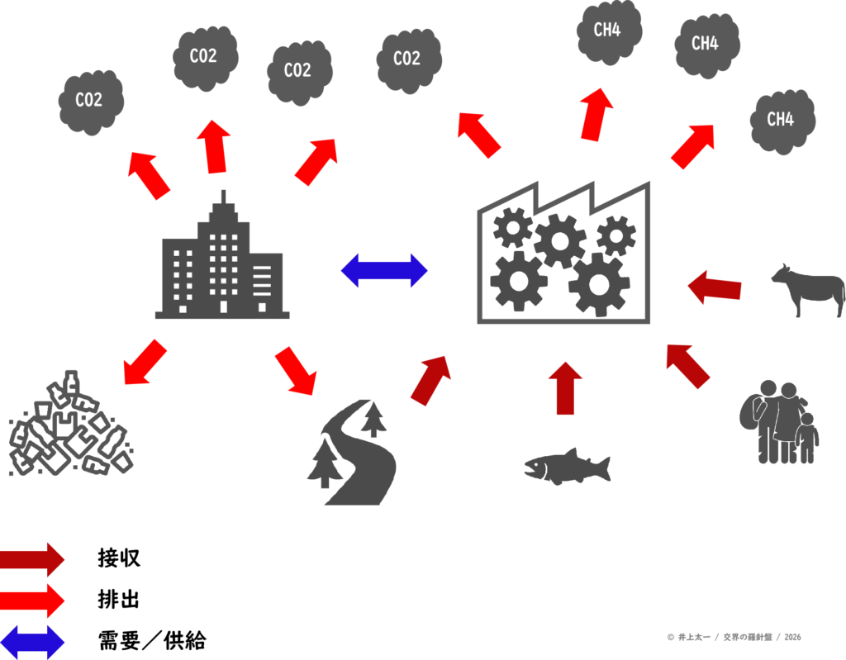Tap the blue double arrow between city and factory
(x=384, y=270)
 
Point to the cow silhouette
(x=808, y=289)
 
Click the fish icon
(x=566, y=467)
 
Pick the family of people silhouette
(x=778, y=422)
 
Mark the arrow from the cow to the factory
(x=715, y=287)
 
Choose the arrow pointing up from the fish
(x=565, y=387)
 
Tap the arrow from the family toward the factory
(x=688, y=366)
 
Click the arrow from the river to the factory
(x=430, y=380)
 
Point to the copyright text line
(x=734, y=637)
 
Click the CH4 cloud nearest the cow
(x=782, y=121)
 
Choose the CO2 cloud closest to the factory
(x=408, y=59)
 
